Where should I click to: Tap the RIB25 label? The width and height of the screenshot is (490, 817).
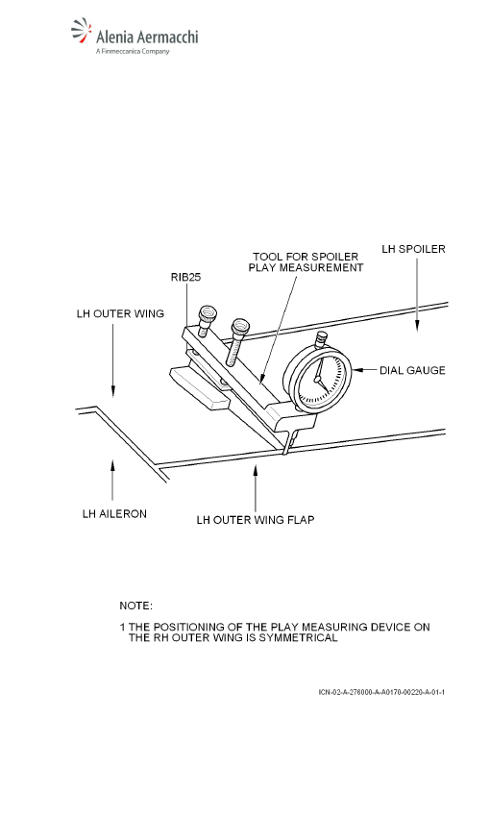pos(185,277)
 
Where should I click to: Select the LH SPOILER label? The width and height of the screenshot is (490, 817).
pos(413,249)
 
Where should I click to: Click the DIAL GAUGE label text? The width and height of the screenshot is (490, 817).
pos(412,370)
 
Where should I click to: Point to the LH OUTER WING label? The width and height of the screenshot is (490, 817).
pos(120,313)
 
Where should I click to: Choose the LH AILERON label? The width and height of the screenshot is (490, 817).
pos(114,514)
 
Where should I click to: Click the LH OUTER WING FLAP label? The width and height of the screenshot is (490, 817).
pos(256,520)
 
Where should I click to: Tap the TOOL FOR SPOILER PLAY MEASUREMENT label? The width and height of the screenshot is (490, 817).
pos(306,262)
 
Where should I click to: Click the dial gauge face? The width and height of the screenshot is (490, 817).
pos(318,378)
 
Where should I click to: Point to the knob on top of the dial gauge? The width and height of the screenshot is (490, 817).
pos(321,339)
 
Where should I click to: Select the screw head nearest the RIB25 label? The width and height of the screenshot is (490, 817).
pos(208,314)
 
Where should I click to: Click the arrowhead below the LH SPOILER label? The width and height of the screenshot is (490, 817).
pos(417,326)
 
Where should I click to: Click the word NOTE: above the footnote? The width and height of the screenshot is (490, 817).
pos(135,606)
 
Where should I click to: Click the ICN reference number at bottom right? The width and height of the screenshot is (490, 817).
pos(381,692)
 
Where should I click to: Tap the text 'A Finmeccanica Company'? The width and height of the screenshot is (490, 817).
pos(133,51)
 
